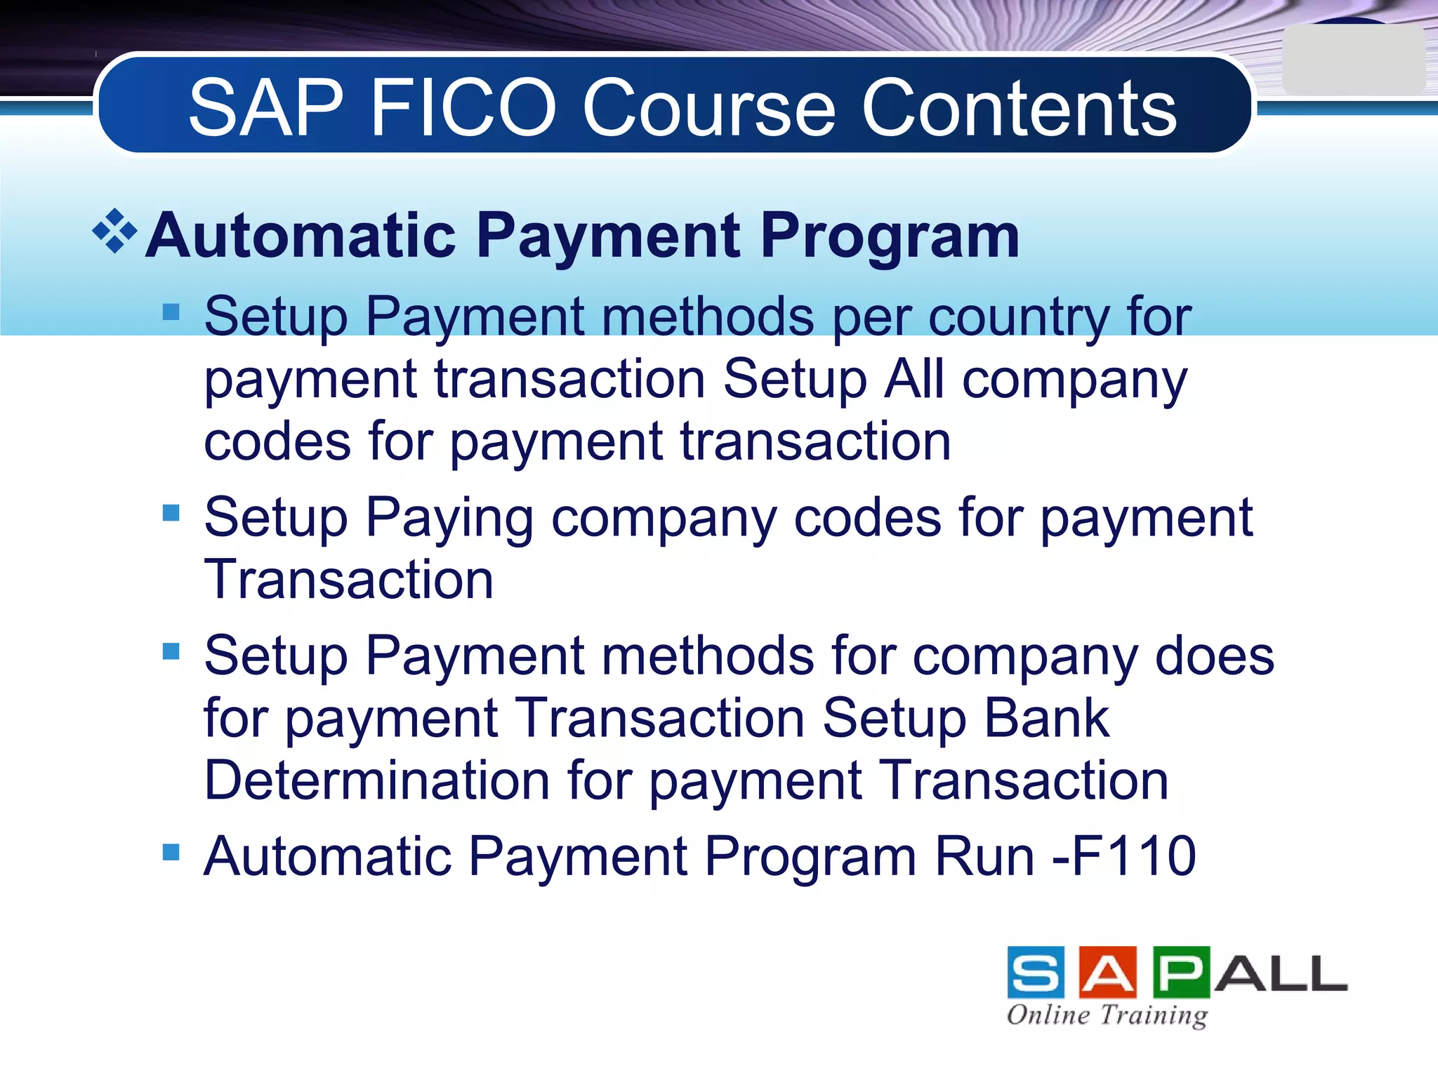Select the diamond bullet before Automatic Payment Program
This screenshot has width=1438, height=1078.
(x=114, y=231)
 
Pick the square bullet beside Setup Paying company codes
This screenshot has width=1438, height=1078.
(x=171, y=513)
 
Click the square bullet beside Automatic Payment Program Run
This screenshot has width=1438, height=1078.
(x=171, y=852)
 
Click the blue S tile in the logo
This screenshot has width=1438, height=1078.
(x=1035, y=972)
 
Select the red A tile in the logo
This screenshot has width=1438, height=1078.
(x=1107, y=972)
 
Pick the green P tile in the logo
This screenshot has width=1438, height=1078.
(x=1181, y=972)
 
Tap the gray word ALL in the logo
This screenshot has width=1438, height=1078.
(x=1281, y=973)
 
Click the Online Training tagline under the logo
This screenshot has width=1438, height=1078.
(x=1107, y=1015)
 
